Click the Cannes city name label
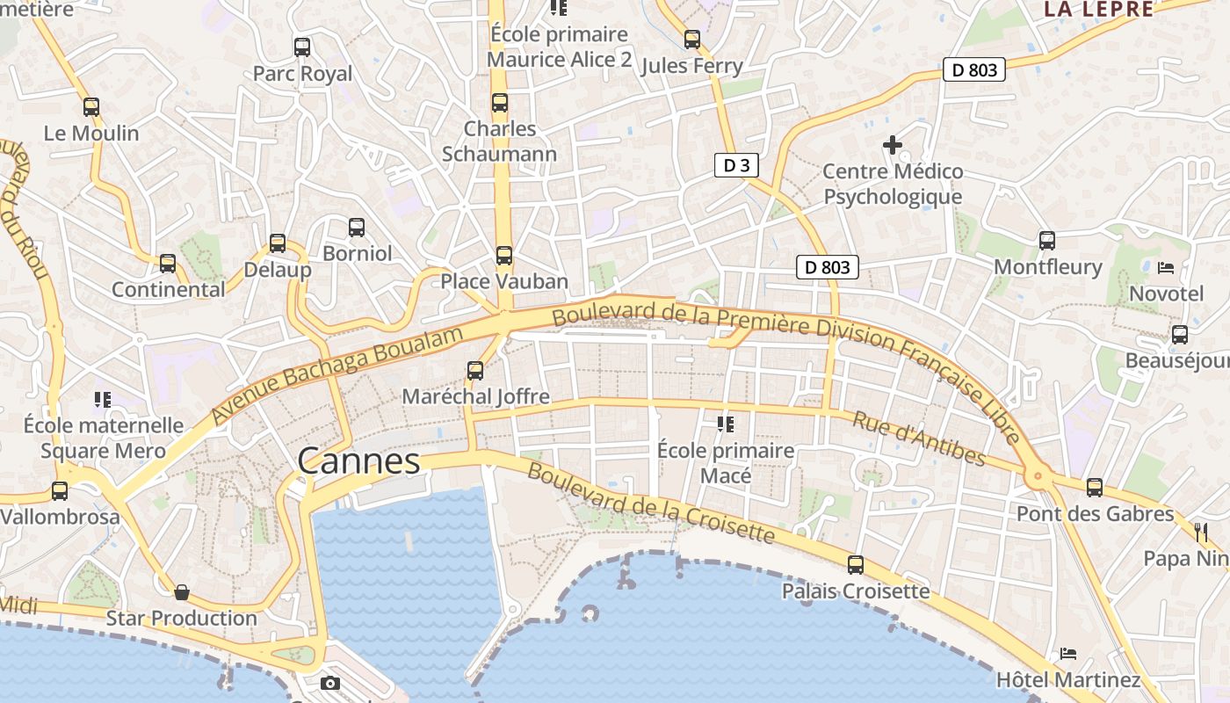tap(358, 460)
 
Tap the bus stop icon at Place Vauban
tap(503, 256)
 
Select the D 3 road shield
tap(735, 165)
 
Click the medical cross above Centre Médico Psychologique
tap(893, 145)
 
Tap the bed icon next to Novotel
tap(1166, 267)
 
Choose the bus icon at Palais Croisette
tap(855, 565)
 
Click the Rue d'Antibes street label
tap(918, 438)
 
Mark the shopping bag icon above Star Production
tap(182, 592)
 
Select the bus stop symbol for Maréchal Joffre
tap(475, 371)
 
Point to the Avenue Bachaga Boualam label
tap(337, 375)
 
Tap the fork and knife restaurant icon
tap(1201, 531)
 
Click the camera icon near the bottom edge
tap(330, 683)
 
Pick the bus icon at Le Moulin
tap(91, 107)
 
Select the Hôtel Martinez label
tap(1068, 679)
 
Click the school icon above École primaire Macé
tap(726, 425)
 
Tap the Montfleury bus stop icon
tap(1046, 241)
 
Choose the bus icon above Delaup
tap(278, 243)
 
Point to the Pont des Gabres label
tap(1095, 513)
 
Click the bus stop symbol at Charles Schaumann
tap(500, 103)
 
